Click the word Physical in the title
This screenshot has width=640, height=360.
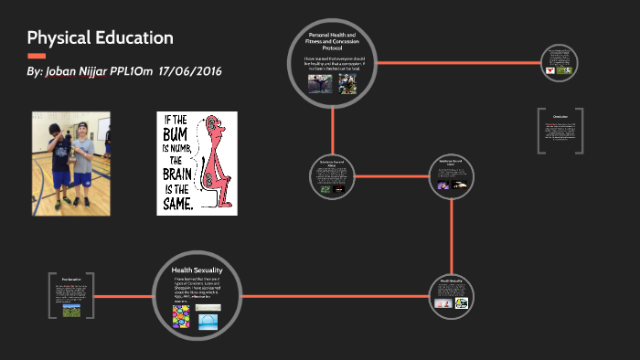click(59, 38)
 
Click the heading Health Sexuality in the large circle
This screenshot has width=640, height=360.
click(197, 270)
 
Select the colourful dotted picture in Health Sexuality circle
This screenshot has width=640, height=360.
click(182, 316)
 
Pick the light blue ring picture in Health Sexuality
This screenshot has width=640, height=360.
click(208, 321)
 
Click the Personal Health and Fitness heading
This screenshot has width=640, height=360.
click(332, 39)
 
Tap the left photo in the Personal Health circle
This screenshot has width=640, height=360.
click(318, 83)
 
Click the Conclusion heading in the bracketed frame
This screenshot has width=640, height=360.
click(560, 118)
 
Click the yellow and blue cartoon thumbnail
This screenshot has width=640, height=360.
click(462, 302)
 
